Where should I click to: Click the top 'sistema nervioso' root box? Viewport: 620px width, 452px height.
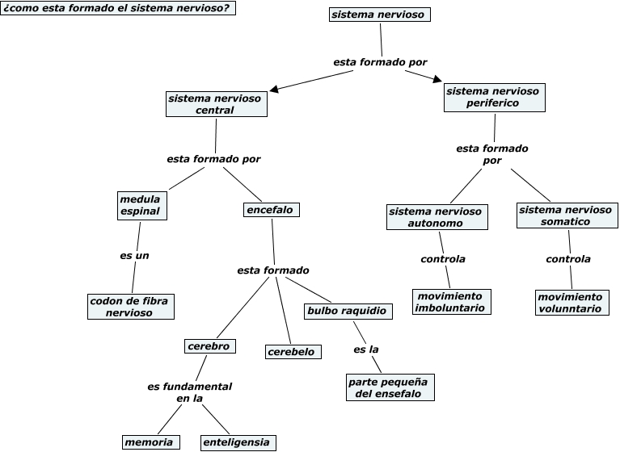[x=380, y=15]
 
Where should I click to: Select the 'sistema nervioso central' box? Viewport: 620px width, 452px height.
[x=217, y=104]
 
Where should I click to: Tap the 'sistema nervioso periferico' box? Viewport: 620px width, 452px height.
[x=494, y=98]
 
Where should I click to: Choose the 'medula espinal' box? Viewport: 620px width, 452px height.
[x=142, y=206]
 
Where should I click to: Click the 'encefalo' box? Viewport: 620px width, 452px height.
[x=272, y=210]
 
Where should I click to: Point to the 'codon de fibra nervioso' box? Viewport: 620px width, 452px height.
[x=131, y=307]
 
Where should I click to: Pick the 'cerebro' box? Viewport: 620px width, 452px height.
[x=210, y=346]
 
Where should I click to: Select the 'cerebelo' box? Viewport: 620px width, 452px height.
[x=293, y=352]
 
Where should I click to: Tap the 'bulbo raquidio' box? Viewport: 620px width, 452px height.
[x=348, y=311]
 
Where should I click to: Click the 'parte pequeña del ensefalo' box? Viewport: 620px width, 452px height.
[x=390, y=387]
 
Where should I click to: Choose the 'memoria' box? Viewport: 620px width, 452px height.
[x=150, y=442]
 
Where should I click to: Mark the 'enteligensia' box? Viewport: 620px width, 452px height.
[x=238, y=442]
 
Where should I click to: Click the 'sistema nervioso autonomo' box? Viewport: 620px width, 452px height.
[x=437, y=217]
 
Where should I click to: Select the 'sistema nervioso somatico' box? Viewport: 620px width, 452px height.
[x=567, y=216]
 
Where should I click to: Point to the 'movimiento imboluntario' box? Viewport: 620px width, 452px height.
[x=452, y=302]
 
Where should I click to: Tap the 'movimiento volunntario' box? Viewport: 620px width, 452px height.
[x=571, y=303]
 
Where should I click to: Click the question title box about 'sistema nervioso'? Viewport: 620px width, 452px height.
[x=118, y=8]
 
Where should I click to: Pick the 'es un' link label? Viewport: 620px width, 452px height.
[x=134, y=256]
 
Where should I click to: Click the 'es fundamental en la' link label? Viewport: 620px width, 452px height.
[x=190, y=392]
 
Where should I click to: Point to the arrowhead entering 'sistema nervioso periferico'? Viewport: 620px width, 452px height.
[x=437, y=79]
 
